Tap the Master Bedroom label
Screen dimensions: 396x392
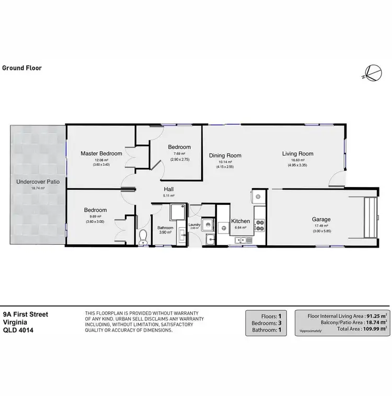pos(101,154)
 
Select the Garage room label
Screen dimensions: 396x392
pos(321,220)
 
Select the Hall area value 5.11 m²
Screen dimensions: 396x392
pos(168,196)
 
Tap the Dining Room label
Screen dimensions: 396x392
pos(225,155)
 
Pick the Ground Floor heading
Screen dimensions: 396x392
pos(22,68)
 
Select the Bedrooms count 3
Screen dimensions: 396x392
pos(279,322)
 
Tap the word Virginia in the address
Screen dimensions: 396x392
pos(15,322)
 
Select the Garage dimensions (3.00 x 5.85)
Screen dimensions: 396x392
pos(320,231)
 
